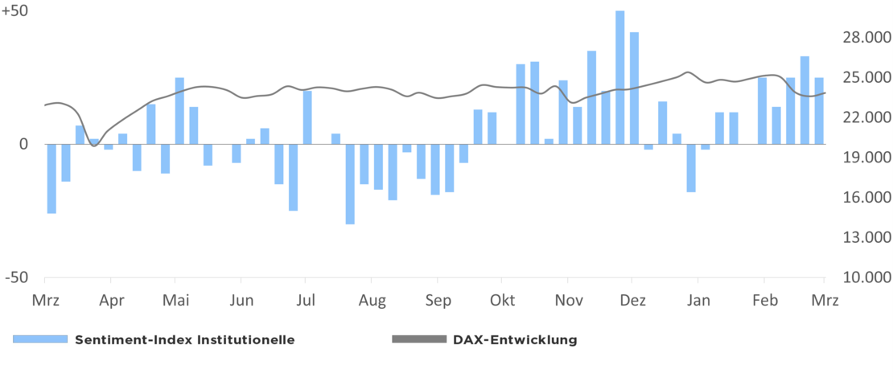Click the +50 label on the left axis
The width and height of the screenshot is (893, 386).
pyautogui.click(x=14, y=12)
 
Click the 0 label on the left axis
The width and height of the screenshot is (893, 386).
pyautogui.click(x=24, y=145)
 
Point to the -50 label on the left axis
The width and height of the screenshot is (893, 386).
pyautogui.click(x=16, y=277)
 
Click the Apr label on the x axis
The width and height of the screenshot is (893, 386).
pyautogui.click(x=111, y=301)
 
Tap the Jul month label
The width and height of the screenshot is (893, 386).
pyautogui.click(x=305, y=301)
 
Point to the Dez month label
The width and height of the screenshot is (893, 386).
pyautogui.click(x=633, y=301)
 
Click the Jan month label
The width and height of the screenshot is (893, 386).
pyautogui.click(x=698, y=301)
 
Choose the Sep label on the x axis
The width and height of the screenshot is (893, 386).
pyautogui.click(x=438, y=301)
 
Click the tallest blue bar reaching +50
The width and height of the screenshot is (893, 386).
pyautogui.click(x=619, y=77)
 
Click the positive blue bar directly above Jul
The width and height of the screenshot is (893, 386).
pyautogui.click(x=307, y=117)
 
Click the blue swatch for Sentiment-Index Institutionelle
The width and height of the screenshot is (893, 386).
pyautogui.click(x=39, y=339)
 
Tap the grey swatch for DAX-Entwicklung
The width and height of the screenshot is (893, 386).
pyautogui.click(x=418, y=339)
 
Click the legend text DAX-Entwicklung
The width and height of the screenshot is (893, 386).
pyautogui.click(x=515, y=339)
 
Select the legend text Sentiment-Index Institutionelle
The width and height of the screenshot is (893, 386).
pyautogui.click(x=184, y=339)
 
